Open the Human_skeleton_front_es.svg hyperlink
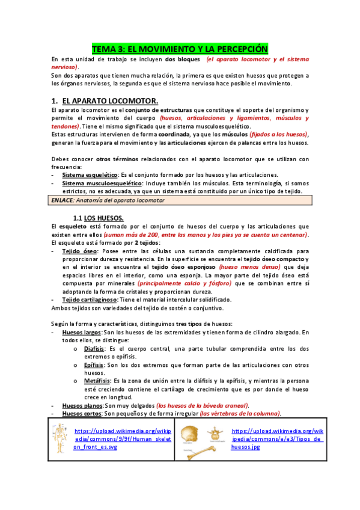point(122,439)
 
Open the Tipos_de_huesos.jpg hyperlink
point(277,439)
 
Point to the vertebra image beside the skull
point(215,434)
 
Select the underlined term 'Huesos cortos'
point(83,414)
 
